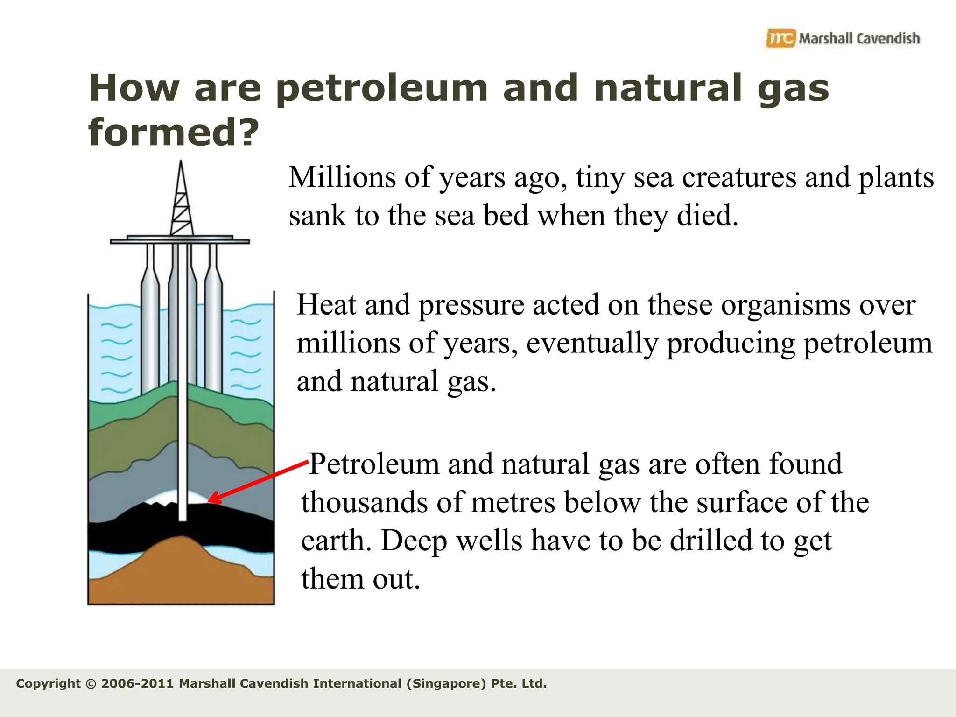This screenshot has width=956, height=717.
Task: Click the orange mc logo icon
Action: click(x=780, y=38)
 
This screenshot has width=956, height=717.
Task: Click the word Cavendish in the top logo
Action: click(x=888, y=38)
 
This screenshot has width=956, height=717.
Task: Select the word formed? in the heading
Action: click(x=173, y=132)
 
